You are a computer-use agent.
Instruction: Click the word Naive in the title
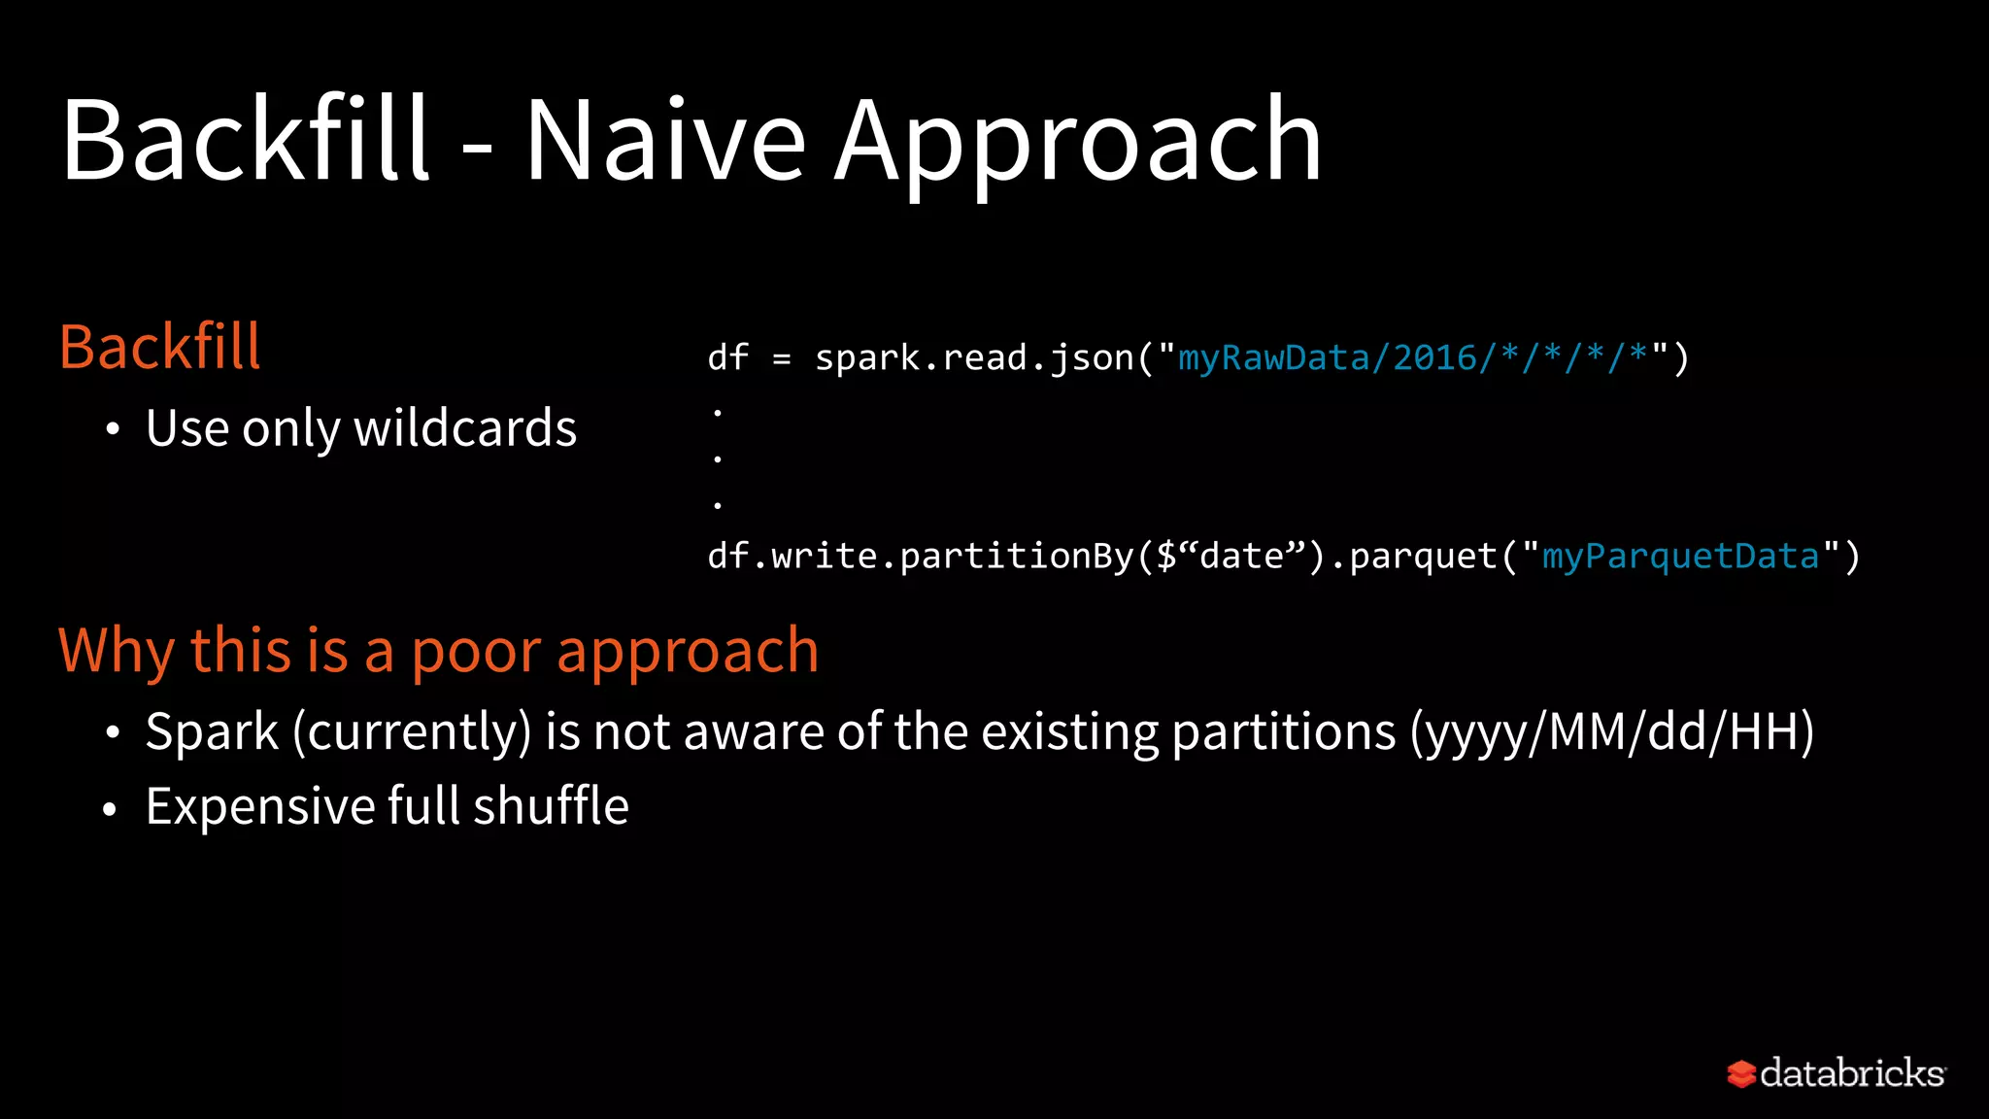665,141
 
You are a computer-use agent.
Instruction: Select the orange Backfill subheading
160,347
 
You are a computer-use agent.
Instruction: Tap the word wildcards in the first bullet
465,428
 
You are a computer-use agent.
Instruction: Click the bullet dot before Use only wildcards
114,429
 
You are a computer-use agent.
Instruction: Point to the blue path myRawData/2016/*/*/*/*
1414,358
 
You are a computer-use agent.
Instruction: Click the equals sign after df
782,359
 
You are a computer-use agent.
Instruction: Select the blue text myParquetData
1680,557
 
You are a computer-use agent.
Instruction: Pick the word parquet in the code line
1424,557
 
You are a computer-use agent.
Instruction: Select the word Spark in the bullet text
212,731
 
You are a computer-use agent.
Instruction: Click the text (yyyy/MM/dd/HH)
1612,731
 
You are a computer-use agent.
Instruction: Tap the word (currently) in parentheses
412,731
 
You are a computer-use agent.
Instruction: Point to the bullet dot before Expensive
111,808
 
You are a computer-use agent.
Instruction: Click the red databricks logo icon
1740,1073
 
